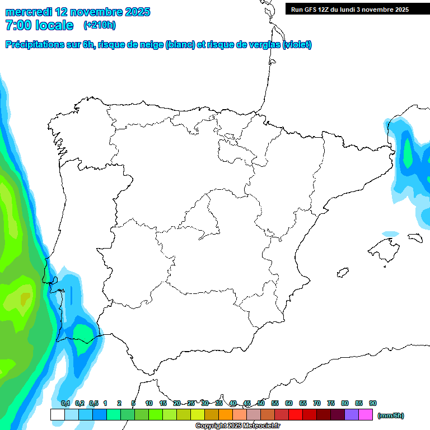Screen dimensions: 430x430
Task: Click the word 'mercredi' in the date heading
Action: [28, 12]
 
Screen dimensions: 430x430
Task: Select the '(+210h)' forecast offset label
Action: [99, 25]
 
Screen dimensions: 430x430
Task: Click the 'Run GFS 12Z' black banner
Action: [350, 9]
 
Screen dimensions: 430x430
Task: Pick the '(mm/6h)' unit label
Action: [391, 415]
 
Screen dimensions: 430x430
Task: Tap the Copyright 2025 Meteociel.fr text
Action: [237, 426]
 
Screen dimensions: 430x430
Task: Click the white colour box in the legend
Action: [57, 414]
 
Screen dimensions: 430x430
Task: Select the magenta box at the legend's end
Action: [366, 414]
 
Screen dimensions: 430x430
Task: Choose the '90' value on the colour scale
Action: [373, 403]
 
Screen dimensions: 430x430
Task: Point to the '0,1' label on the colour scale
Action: [65, 403]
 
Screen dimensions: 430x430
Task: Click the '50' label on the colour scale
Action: [261, 403]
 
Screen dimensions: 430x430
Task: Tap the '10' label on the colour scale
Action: [149, 403]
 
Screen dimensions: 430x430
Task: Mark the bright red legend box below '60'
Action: [296, 414]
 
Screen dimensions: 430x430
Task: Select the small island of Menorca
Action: [415, 237]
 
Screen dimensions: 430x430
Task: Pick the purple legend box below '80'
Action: [352, 414]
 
